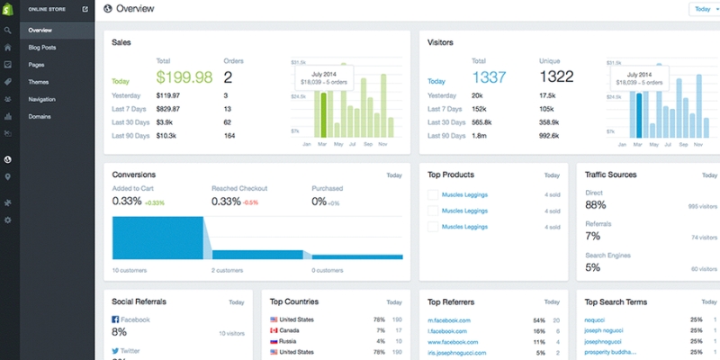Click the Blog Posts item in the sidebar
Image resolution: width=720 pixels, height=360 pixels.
[x=42, y=47]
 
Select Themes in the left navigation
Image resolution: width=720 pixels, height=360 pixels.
[x=39, y=82]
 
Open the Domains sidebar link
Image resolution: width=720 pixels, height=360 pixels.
[x=40, y=116]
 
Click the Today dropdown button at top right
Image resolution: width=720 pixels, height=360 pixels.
[x=704, y=9]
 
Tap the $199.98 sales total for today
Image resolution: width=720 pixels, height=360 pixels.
[x=184, y=77]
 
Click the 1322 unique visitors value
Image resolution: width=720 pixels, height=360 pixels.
[x=557, y=77]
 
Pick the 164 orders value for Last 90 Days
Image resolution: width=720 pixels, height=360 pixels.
[x=229, y=135]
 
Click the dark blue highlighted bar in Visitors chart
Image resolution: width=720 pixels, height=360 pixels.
[x=640, y=112]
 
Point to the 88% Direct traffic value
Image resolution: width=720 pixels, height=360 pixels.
[x=595, y=205]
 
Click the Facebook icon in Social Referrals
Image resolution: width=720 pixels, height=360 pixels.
[x=115, y=319]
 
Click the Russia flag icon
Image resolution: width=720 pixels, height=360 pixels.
[x=274, y=341]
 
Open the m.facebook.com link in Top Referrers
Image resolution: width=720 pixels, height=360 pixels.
[x=450, y=319]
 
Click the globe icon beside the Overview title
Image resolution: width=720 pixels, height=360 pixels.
[x=109, y=9]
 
